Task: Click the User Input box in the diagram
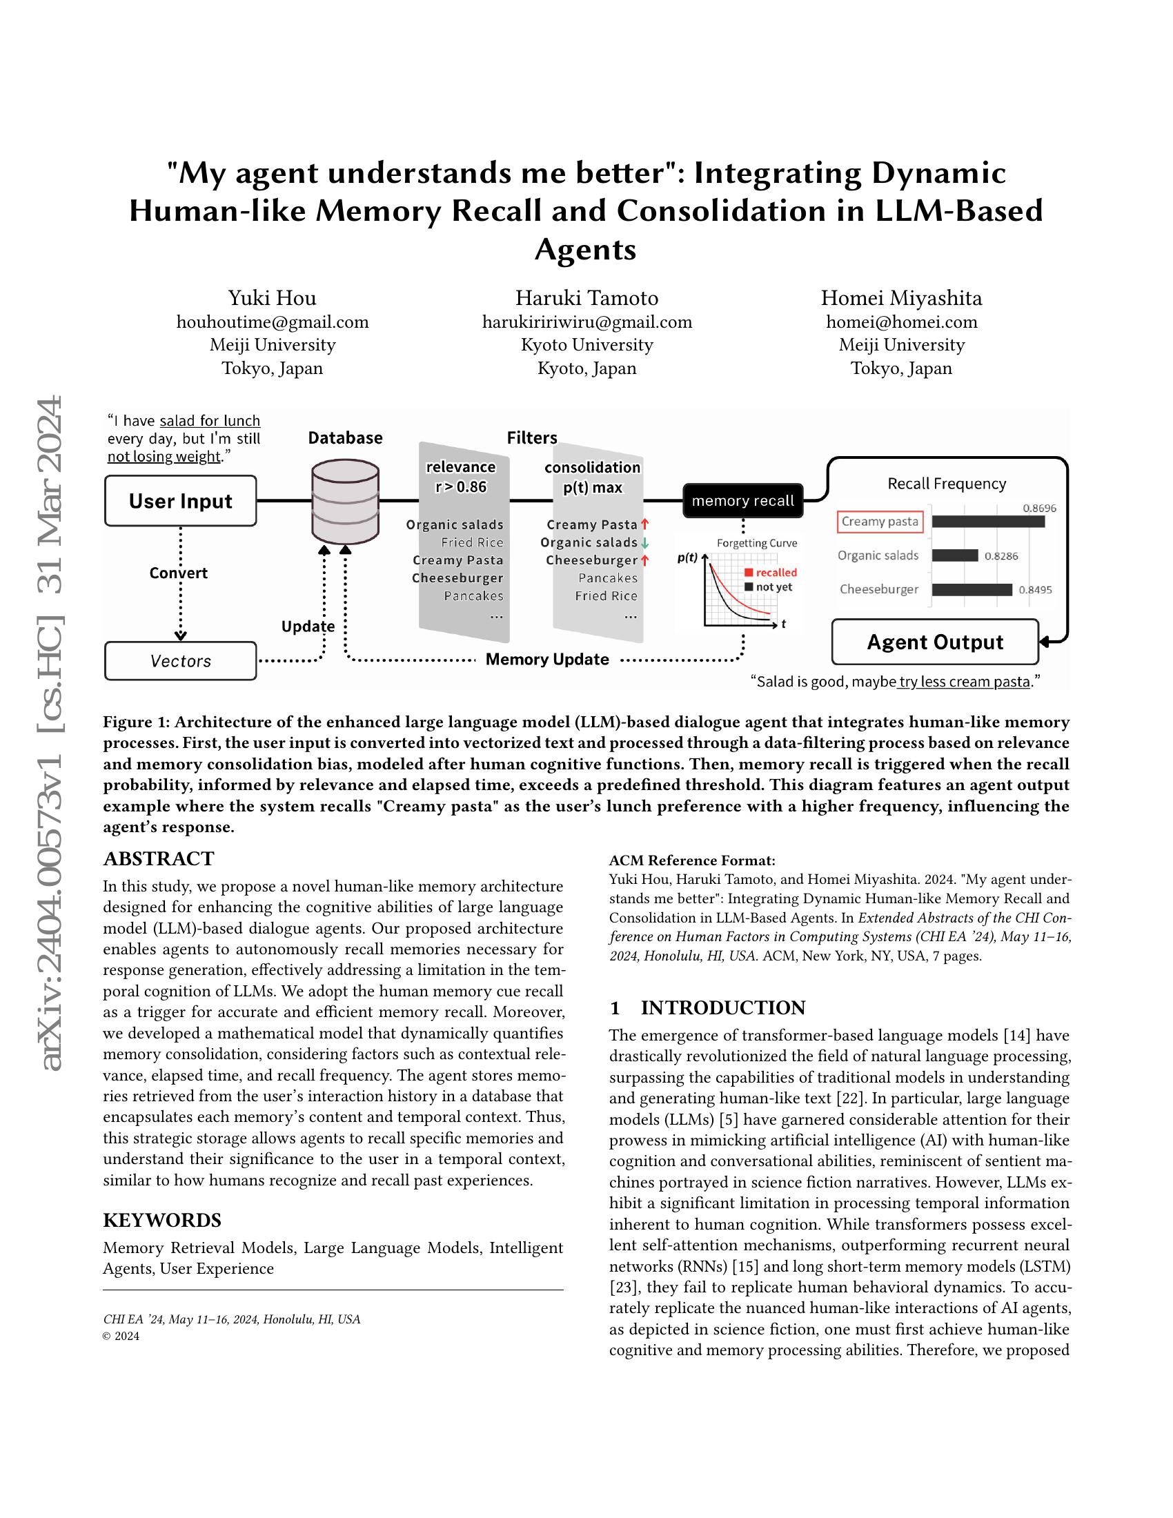180,500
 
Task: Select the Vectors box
180,661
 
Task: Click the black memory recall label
742,500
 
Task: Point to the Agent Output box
935,642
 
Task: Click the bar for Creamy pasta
987,521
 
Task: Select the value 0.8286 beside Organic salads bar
1000,556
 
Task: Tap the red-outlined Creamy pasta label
880,521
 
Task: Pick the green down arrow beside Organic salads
646,543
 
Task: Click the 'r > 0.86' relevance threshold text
461,486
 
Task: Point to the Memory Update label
547,659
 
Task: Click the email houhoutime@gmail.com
273,322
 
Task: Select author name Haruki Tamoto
586,298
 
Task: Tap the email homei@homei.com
901,322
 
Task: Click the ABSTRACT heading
159,858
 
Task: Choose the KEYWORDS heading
162,1220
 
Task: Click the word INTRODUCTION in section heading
722,1007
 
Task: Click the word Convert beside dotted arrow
178,573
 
